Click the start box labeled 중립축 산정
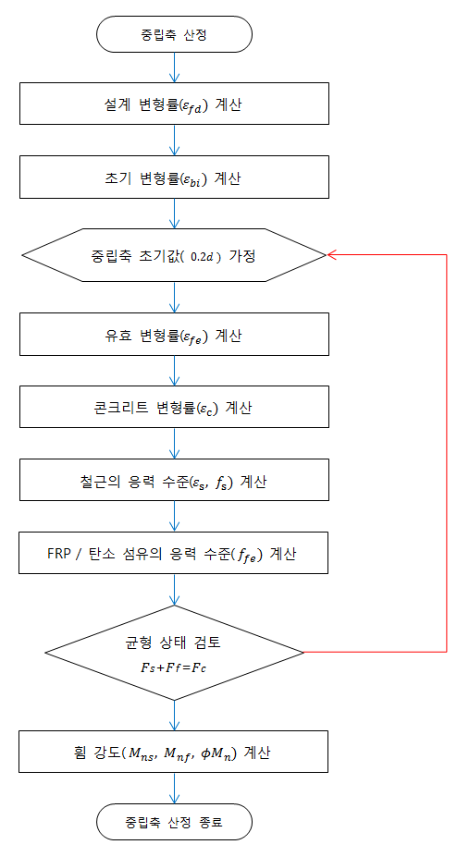coord(174,34)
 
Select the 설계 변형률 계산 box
coord(174,104)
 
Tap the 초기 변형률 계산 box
coord(174,178)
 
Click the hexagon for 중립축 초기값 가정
coord(174,255)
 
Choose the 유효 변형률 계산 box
coord(174,334)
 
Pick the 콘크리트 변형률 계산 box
coord(174,407)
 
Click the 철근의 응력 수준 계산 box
coord(174,480)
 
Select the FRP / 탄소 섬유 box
coord(174,553)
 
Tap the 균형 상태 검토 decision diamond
coord(174,652)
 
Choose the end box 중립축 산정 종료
coord(174,822)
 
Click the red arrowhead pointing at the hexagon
coord(332,254)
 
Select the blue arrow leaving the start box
coord(174,67)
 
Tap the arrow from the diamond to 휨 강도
coord(174,715)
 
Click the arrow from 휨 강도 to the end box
coord(174,789)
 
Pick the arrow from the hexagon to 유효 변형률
coord(174,298)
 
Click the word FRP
coord(58,553)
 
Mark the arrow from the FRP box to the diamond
coord(174,589)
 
